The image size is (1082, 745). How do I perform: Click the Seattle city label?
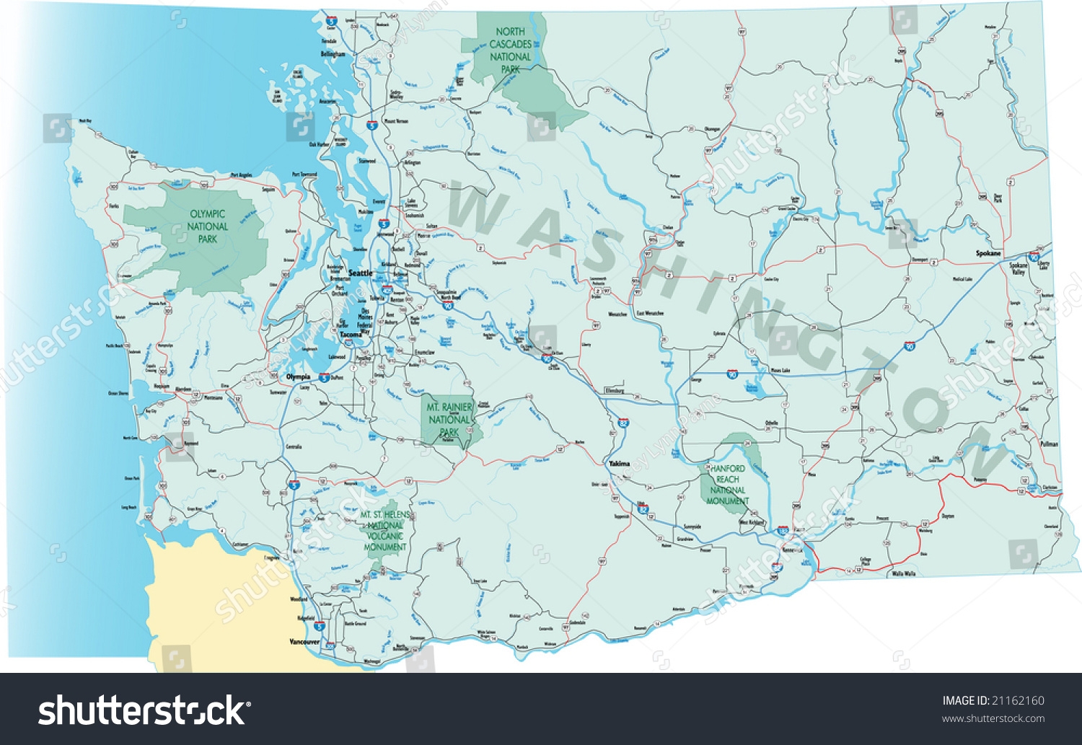(x=360, y=273)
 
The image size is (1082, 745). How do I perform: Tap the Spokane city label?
(x=988, y=254)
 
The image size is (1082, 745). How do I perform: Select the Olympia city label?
(x=298, y=377)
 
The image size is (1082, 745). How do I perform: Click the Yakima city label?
(x=619, y=464)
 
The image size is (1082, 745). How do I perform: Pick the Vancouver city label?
(x=304, y=642)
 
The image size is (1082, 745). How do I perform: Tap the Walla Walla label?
(x=903, y=574)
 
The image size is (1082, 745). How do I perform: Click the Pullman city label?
(x=1049, y=444)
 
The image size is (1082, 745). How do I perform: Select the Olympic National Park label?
(x=208, y=226)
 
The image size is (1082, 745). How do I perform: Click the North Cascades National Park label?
(x=510, y=50)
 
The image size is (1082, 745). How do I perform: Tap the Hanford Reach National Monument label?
(x=728, y=485)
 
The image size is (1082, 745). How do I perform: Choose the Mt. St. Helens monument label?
(x=385, y=531)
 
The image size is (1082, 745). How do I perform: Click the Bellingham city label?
(x=333, y=54)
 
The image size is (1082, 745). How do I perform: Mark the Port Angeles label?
(x=242, y=175)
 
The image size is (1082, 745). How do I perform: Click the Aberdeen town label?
(x=183, y=389)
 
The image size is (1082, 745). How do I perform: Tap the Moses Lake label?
(x=780, y=371)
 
